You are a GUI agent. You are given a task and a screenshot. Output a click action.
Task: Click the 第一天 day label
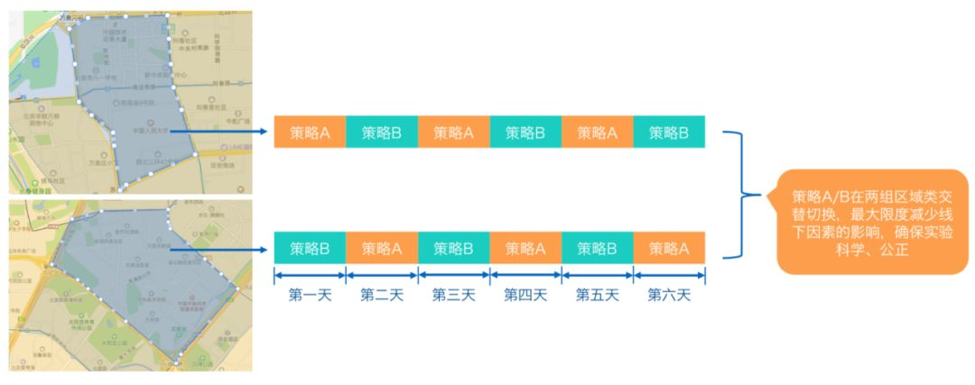coord(310,295)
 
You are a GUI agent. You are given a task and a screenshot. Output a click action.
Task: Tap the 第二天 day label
coord(381,295)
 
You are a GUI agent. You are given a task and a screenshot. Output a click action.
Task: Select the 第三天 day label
coord(453,295)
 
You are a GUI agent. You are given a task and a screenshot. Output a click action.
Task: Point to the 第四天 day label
coord(525,295)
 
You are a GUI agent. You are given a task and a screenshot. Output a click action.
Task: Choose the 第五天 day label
coord(597,295)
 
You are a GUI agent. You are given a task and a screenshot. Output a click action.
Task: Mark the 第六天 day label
coord(669,295)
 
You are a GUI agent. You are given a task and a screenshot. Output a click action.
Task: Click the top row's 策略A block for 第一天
coord(310,132)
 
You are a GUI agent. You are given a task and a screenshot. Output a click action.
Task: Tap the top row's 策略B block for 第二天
coord(381,132)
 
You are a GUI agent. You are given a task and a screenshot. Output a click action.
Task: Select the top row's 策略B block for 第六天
coord(669,132)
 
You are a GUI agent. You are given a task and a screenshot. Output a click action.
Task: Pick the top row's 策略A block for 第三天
coord(453,132)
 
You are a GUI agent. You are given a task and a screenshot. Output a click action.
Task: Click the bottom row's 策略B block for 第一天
coord(310,247)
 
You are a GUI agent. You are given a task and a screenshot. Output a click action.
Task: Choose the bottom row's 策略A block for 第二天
coord(381,247)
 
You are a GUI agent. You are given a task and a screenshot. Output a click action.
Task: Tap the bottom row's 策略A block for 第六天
coord(669,247)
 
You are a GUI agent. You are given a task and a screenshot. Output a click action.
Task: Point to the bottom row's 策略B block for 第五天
coord(597,247)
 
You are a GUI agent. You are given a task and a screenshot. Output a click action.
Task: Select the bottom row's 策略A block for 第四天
coord(525,247)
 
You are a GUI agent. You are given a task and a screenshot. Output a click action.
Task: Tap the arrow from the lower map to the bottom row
coord(221,247)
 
